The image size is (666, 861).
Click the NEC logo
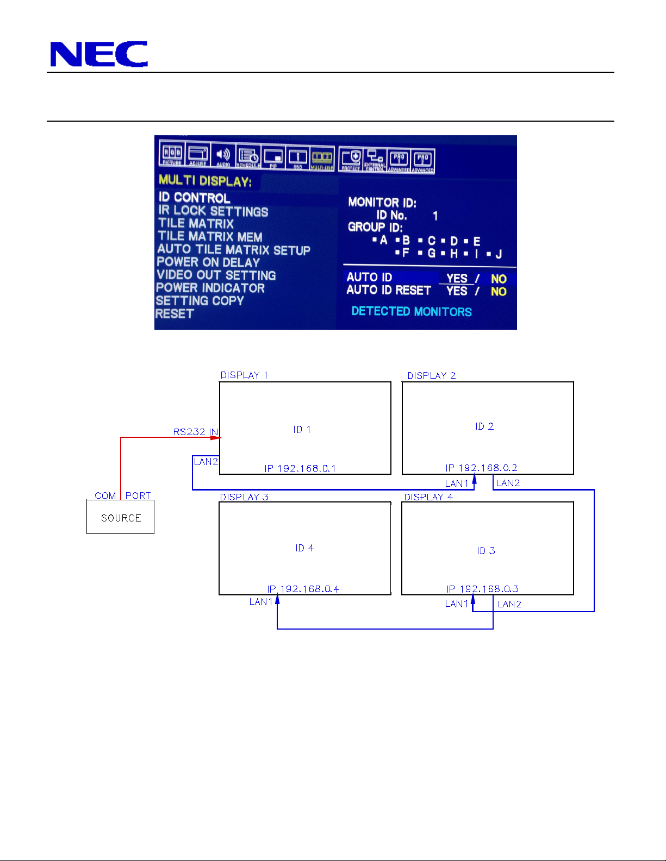pos(98,54)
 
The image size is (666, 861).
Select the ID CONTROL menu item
pos(194,198)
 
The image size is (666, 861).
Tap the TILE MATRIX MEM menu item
pos(210,237)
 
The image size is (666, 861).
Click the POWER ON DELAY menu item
pos(208,262)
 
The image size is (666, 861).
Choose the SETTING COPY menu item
pos(200,301)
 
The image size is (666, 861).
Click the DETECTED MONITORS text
pos(411,312)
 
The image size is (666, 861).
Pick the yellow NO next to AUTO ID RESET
pos(499,292)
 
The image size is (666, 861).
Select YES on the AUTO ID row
pos(457,278)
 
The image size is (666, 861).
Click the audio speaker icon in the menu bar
pos(223,155)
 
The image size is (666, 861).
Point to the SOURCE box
pos(121,518)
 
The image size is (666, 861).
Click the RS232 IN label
pos(196,432)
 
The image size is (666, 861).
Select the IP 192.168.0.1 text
pos(300,468)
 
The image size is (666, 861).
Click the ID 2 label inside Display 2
pos(484,426)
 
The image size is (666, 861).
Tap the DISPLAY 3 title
pos(244,497)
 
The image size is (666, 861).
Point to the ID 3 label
pos(486,551)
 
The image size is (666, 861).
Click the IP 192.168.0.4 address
pos(303,589)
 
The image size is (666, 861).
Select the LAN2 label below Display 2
pos(508,483)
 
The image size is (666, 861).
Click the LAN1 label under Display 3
pos(261,602)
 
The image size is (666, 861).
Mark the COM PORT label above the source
pos(122,495)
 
